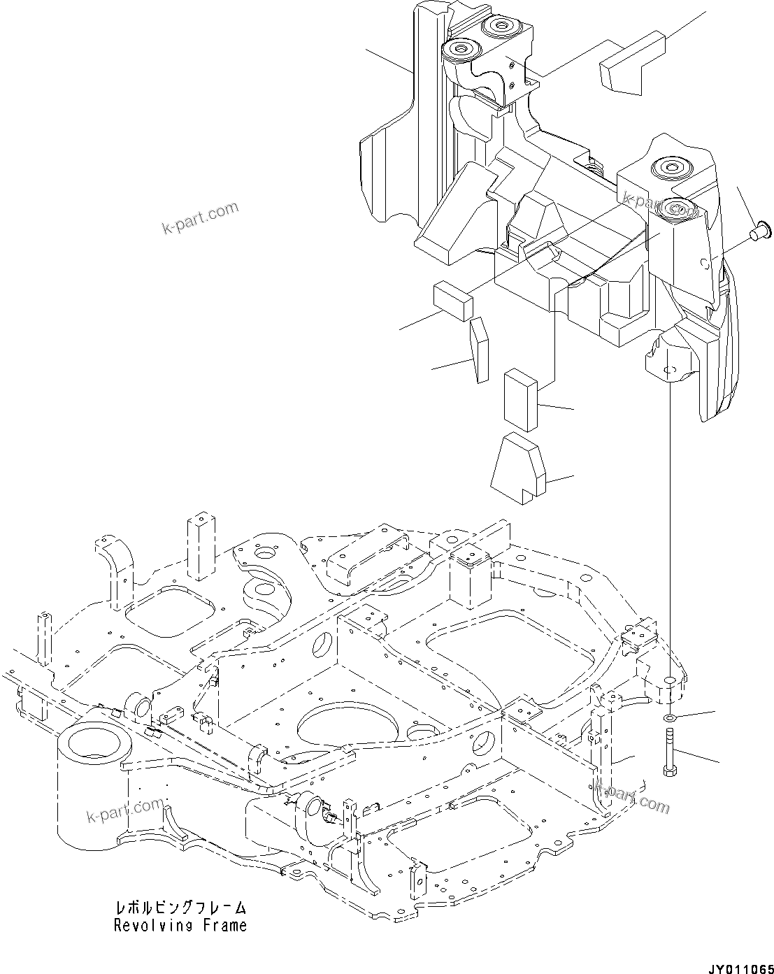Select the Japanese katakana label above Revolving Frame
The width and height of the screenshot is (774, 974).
tap(181, 909)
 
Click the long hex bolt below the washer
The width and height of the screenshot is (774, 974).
tap(669, 752)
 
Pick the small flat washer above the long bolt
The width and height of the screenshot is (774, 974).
tap(669, 719)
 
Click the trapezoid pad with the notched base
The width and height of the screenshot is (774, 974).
tap(518, 466)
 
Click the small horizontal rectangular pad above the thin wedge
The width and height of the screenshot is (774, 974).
tap(453, 301)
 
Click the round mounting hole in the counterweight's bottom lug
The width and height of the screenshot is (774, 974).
tap(669, 369)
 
